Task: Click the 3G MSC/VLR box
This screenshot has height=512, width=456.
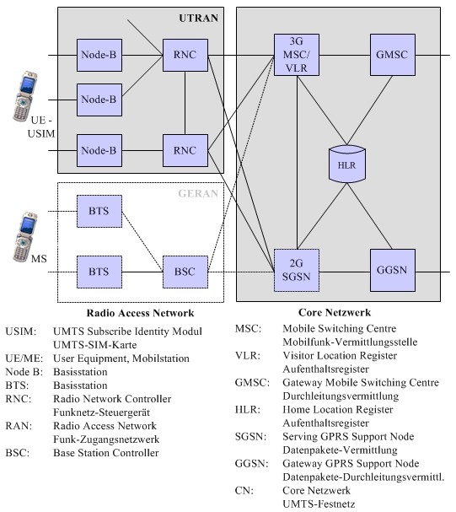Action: coord(297,55)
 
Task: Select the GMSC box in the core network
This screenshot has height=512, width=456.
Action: coord(393,55)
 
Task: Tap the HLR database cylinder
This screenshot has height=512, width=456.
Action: coord(347,164)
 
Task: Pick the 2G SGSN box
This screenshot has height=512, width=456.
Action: coord(297,271)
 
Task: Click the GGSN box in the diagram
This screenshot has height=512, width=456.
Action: coord(393,271)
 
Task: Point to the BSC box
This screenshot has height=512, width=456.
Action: coord(185,272)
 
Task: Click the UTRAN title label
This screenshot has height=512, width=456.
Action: coord(198,18)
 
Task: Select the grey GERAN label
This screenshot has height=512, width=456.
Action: coord(198,194)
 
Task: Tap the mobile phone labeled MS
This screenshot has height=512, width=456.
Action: coord(24,237)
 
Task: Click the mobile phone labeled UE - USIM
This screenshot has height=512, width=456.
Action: coord(24,96)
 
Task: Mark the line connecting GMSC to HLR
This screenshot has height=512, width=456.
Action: coord(369,110)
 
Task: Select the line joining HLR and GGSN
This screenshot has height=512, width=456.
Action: coord(369,216)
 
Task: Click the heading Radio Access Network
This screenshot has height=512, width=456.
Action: coord(140,313)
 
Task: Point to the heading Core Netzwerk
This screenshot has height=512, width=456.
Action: coord(335,312)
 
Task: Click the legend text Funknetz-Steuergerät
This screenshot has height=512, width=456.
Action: coord(101,412)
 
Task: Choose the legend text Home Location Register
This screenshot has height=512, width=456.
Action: coord(338,409)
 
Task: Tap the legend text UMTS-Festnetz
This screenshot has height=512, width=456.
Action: coord(319,504)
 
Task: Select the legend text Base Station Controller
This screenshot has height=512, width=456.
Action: coord(106,453)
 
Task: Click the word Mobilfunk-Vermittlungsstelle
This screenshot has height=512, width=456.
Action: coord(350,342)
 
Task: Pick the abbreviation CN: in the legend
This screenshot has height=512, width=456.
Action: coord(244,490)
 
